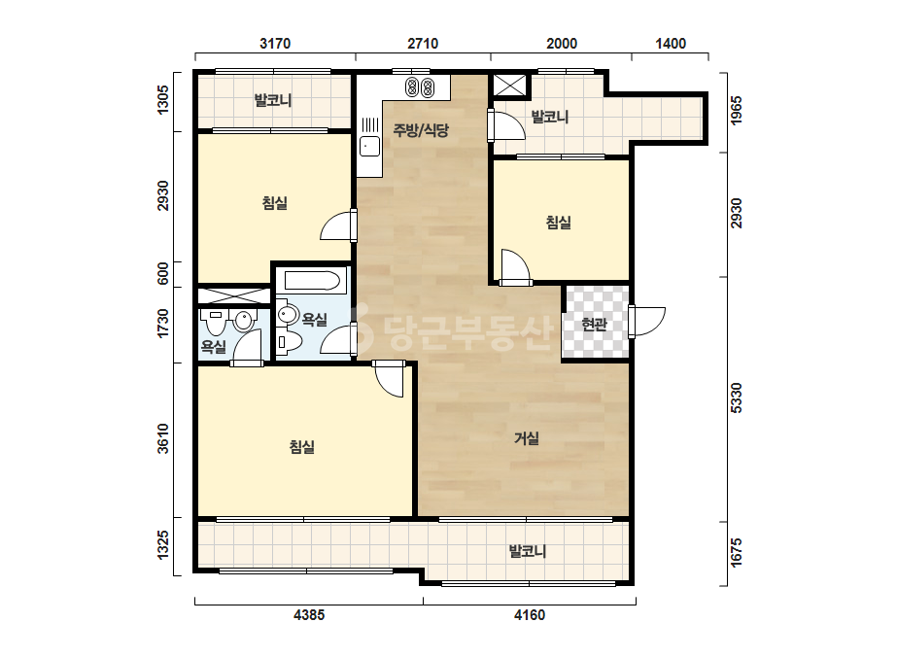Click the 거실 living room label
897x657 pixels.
527,439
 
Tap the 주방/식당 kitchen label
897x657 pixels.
421,130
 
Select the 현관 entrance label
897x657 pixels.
594,325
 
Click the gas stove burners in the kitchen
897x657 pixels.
420,87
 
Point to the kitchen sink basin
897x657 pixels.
369,147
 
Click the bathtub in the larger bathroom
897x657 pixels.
312,281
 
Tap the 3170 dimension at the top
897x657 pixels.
275,44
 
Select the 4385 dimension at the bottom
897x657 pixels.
309,615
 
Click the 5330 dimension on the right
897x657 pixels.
737,398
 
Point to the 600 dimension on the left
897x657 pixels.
163,273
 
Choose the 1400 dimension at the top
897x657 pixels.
671,44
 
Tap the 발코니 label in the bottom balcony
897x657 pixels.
528,551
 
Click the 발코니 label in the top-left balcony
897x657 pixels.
273,101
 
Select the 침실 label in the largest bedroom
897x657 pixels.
301,446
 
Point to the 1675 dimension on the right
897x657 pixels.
737,552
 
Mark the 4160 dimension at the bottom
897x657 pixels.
530,615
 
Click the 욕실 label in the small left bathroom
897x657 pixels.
214,347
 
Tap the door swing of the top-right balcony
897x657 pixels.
506,124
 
